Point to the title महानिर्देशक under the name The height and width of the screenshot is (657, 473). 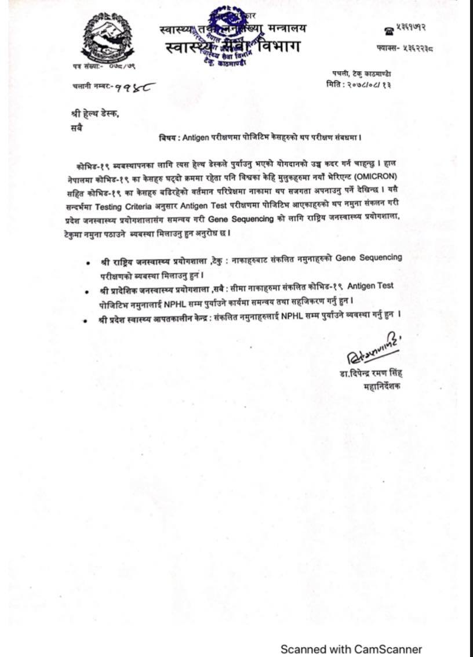(x=382, y=387)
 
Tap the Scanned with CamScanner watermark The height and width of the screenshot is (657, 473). (x=351, y=649)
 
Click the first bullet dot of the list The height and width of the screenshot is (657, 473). (x=87, y=263)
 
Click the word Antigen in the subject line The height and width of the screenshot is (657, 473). (x=199, y=138)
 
